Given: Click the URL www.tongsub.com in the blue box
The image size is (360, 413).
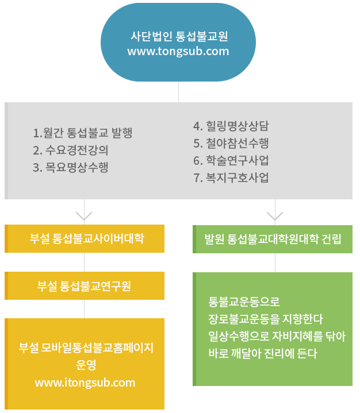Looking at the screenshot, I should [178, 51].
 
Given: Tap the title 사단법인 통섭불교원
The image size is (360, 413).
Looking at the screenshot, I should [178, 36].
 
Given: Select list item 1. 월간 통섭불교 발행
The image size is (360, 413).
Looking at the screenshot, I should [83, 133].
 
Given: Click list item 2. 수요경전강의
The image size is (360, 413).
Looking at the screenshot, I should [71, 150].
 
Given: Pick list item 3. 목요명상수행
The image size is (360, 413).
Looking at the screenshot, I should [71, 168].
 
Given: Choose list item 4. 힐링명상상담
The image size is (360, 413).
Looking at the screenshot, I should [231, 126].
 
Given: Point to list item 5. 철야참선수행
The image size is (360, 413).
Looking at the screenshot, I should [231, 143].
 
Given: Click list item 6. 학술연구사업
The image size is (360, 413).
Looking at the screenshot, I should [231, 160].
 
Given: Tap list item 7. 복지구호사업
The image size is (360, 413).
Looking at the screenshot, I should [231, 177].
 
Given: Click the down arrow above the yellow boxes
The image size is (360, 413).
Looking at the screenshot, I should [84, 215].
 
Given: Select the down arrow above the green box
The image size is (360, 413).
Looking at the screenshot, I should [275, 215].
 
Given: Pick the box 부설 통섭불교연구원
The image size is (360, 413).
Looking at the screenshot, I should [85, 285].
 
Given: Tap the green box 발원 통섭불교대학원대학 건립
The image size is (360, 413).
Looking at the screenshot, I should [273, 239].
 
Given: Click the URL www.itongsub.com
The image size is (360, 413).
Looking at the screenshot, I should [85, 383].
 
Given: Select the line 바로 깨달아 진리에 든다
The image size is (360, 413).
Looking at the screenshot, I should [263, 353].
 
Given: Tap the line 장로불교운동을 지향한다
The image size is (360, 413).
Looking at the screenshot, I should [266, 319].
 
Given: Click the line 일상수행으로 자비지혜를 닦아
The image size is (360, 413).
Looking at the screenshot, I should [277, 336].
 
